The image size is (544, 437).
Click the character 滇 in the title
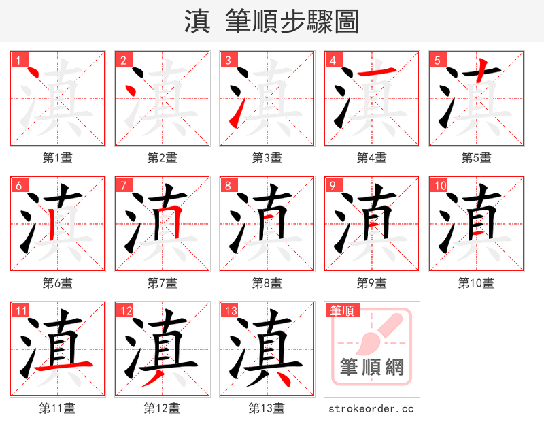(x=197, y=21)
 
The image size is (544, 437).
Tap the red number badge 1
(x=17, y=60)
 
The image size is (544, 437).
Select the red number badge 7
(x=122, y=185)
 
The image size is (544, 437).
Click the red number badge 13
(x=228, y=311)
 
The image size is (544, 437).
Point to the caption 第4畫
(x=371, y=158)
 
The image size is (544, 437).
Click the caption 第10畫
(x=476, y=283)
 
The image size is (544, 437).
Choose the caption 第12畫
(x=162, y=408)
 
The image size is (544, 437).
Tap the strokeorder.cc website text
(x=371, y=409)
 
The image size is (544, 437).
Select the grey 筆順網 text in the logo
(x=372, y=368)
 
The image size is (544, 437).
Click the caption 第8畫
(x=267, y=283)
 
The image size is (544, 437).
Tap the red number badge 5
(x=437, y=60)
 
